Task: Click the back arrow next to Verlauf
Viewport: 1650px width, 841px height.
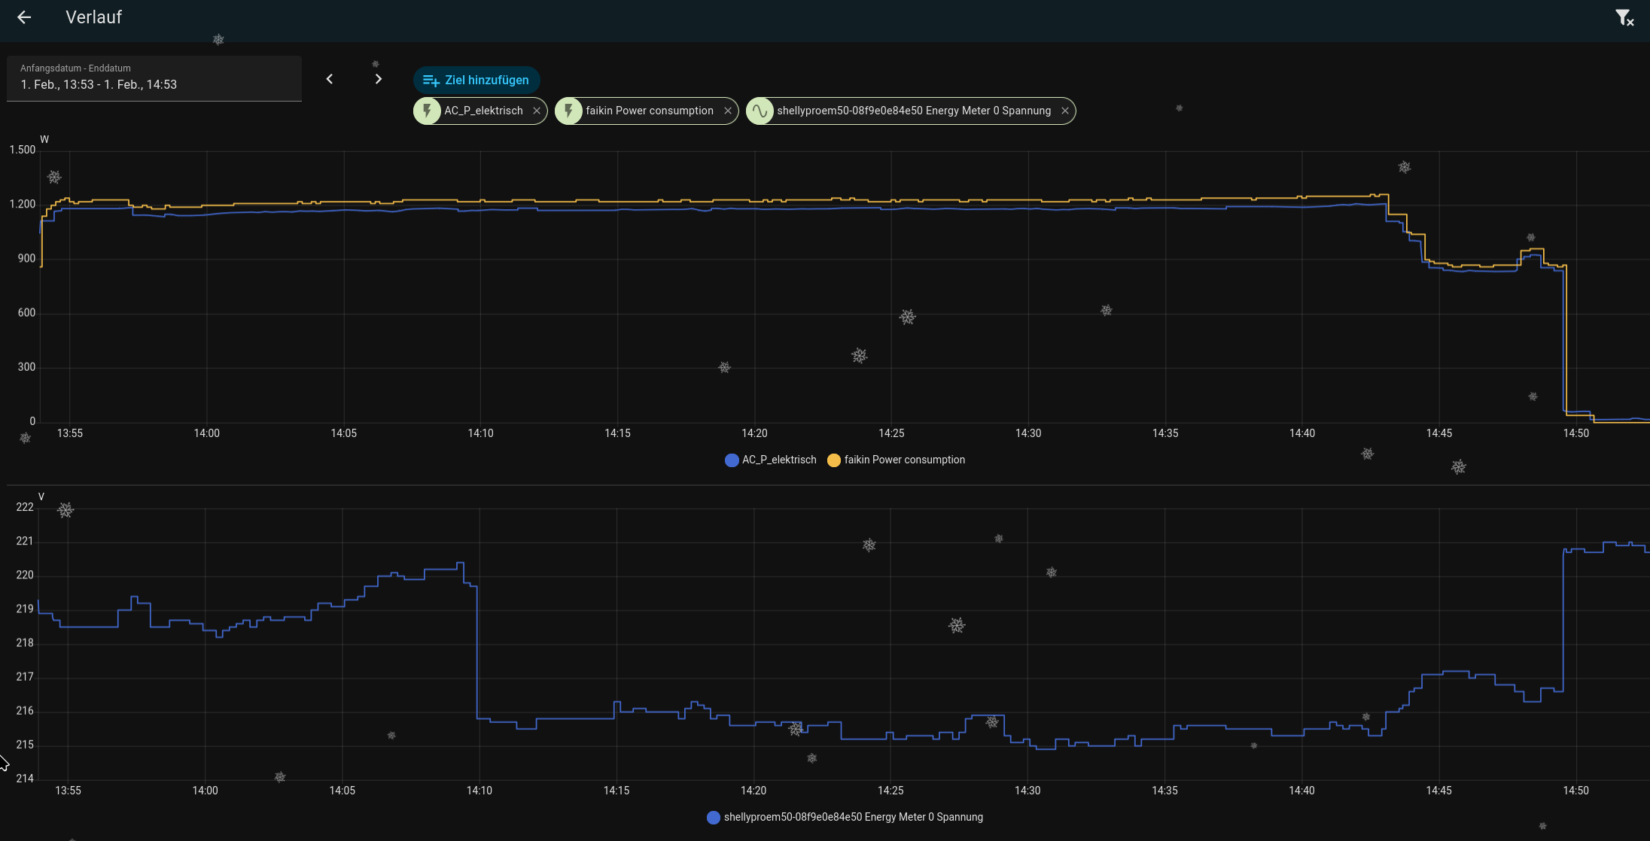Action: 24,17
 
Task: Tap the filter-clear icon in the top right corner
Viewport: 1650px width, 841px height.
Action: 1624,18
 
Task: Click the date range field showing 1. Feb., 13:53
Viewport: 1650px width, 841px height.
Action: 154,78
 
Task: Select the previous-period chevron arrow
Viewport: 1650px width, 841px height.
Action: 329,79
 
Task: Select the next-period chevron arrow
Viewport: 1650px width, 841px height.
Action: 379,79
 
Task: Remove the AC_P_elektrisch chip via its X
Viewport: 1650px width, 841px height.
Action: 537,111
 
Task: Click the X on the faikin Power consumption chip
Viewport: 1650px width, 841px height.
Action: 728,111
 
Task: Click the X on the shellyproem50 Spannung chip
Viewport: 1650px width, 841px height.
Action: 1065,111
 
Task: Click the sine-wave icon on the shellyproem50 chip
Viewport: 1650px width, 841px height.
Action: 760,111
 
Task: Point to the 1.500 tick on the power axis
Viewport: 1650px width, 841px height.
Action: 23,150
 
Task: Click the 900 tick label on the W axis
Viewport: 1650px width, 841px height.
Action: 27,259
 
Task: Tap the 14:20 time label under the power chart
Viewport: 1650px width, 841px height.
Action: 754,433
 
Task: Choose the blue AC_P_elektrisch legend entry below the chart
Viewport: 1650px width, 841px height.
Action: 771,460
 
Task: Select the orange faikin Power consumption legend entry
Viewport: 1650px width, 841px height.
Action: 896,460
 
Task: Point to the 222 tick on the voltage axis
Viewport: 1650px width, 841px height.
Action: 25,507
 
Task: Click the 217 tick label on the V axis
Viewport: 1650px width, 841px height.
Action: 25,677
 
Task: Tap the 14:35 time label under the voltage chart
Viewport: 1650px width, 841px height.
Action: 1164,791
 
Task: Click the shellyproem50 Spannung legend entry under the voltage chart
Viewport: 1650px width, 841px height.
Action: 845,817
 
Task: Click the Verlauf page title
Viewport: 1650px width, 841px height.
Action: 93,17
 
